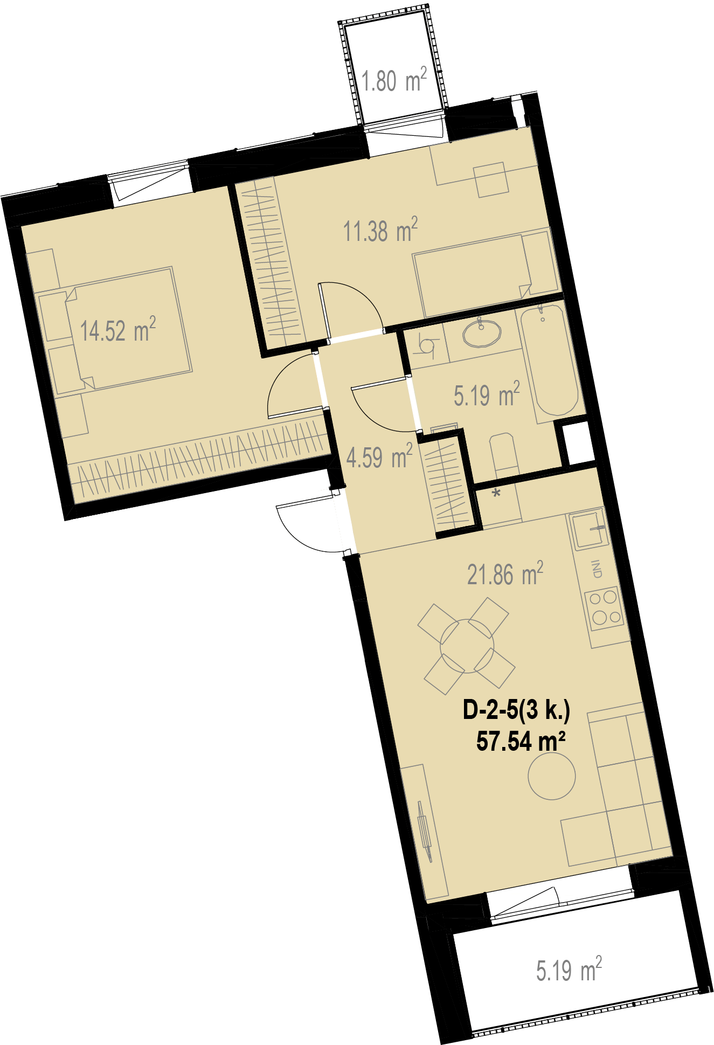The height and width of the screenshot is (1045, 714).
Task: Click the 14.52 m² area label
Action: point(118,329)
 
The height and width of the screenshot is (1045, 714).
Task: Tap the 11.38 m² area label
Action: point(380,230)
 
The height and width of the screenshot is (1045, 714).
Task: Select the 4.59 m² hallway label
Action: point(379,456)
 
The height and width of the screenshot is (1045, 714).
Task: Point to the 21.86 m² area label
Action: point(505,573)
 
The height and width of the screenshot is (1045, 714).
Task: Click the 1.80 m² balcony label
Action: point(394,80)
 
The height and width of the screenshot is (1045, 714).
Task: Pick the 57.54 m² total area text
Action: point(521,741)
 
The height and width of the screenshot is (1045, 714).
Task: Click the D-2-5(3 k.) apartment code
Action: point(516,710)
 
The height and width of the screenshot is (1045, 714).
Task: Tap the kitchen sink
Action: point(588,529)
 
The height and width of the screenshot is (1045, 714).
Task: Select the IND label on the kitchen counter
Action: point(597,570)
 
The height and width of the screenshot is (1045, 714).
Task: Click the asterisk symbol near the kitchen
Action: point(496,493)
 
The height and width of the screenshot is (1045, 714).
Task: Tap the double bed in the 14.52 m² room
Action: point(128,328)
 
